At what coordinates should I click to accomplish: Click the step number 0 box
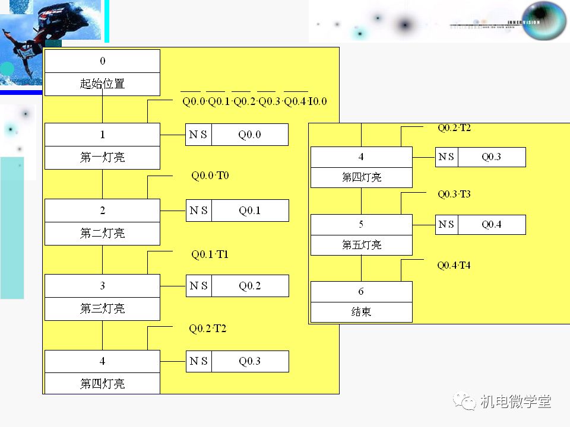102,61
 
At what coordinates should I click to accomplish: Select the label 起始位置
102,84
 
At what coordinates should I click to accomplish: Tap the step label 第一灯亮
102,158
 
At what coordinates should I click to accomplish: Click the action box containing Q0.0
250,135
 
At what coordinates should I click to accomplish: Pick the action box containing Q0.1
250,211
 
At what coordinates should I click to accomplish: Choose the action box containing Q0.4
491,225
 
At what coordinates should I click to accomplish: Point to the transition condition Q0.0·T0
210,176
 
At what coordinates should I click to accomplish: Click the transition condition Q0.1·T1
210,254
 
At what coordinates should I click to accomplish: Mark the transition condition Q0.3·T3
454,194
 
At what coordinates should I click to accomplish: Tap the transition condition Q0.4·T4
454,265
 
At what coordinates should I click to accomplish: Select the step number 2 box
102,211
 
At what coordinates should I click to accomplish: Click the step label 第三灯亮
102,309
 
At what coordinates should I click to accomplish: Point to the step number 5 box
361,225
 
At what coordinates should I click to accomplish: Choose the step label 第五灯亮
361,245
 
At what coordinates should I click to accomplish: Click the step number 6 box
361,292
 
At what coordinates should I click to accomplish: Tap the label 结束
361,312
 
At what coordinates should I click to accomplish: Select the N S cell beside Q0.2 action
198,286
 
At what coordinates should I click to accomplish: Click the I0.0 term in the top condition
318,101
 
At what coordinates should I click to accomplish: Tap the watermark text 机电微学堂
515,401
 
